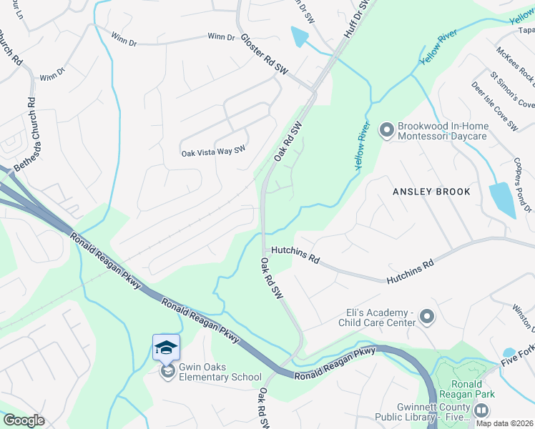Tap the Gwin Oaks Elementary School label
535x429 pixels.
(x=212, y=372)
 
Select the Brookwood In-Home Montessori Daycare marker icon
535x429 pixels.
(x=387, y=130)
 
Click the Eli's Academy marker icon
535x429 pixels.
(x=427, y=315)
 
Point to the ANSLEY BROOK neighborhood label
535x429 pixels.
(x=431, y=192)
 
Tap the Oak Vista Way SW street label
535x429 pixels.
(x=213, y=152)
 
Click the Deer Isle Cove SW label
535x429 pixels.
(x=494, y=106)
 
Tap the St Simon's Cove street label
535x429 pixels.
(x=511, y=89)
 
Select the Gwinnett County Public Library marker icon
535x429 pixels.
(x=481, y=410)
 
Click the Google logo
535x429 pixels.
(x=24, y=420)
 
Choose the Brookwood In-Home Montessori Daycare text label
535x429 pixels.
(x=443, y=130)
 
